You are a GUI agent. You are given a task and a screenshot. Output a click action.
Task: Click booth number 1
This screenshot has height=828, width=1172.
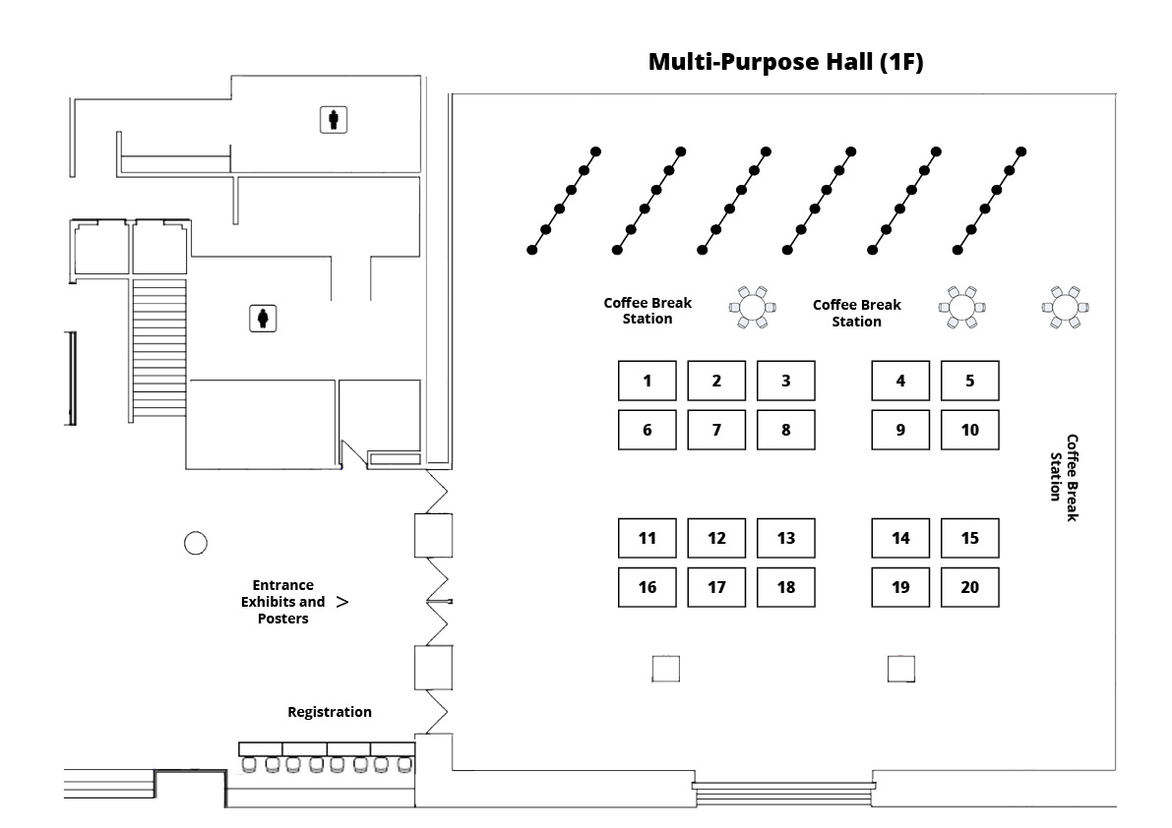[x=647, y=381]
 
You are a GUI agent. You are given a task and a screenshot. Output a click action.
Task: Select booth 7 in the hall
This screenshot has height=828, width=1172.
[x=716, y=430]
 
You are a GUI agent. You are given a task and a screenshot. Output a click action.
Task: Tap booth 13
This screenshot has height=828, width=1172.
[x=785, y=538]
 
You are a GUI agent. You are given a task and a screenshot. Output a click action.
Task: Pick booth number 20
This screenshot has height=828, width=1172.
[x=969, y=587]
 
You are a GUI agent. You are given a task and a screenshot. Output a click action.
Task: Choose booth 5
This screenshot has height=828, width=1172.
[x=969, y=381]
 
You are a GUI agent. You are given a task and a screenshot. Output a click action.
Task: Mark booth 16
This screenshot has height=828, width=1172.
[x=647, y=587]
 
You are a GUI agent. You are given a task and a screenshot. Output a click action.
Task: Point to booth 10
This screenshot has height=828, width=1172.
[x=969, y=430]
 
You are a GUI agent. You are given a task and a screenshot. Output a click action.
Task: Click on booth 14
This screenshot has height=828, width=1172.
[x=900, y=538]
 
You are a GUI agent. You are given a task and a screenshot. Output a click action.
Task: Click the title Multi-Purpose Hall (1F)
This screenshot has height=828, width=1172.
[x=785, y=62]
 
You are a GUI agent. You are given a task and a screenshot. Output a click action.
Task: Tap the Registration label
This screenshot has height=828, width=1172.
[x=330, y=712]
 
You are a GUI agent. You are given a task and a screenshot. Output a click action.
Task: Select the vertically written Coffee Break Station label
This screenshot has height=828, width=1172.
[x=1064, y=468]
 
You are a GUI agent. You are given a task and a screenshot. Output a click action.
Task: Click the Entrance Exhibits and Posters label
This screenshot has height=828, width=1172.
[x=283, y=602]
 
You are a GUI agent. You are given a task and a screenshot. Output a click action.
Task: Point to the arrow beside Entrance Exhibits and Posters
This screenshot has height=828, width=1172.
[x=341, y=601]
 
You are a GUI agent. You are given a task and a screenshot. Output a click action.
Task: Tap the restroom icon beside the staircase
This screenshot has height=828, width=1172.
[x=264, y=319]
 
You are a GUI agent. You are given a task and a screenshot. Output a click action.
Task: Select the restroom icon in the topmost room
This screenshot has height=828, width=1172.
[x=335, y=120]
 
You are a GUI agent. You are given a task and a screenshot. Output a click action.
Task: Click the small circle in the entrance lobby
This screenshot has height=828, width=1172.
[x=195, y=542]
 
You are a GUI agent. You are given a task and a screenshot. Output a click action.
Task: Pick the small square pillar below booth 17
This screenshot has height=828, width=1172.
[x=666, y=669]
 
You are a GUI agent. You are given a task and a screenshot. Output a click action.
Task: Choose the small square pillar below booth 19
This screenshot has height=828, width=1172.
[x=900, y=669]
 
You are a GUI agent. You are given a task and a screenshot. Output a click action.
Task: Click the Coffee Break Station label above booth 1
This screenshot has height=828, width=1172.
[x=648, y=311]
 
